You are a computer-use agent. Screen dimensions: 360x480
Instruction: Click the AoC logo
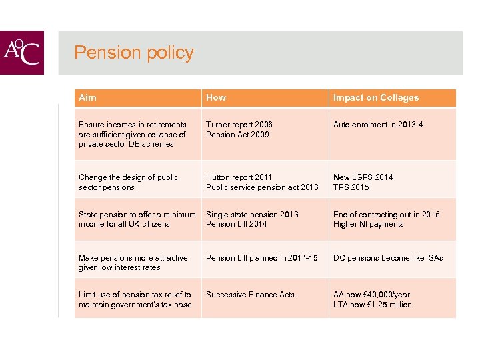[22, 53]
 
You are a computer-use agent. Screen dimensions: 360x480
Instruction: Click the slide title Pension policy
[134, 53]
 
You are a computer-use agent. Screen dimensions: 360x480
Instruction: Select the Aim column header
[87, 98]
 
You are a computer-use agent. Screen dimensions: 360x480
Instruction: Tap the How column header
[216, 98]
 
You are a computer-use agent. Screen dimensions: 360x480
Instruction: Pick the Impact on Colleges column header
[376, 98]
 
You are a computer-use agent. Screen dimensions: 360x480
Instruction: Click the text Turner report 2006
[239, 125]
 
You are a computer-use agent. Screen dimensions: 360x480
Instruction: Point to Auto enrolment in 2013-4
[378, 125]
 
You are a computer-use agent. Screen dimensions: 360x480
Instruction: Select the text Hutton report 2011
[239, 177]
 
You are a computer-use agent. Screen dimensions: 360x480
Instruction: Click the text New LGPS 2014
[363, 177]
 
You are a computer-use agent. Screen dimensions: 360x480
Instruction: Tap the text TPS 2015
[351, 187]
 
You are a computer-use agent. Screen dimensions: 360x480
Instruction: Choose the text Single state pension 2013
[252, 215]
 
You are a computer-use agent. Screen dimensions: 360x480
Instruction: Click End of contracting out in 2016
[387, 215]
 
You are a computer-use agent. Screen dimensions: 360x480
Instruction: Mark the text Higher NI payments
[369, 224]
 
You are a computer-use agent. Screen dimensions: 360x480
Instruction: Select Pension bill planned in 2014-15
[262, 258]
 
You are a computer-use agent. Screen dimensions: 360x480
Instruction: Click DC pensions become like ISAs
[388, 258]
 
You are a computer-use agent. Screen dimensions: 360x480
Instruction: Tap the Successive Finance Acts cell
[250, 295]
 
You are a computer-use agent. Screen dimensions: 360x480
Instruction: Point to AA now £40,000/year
[372, 295]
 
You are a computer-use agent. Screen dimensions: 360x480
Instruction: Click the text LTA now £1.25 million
[373, 305]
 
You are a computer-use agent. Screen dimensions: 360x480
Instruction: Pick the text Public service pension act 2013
[262, 187]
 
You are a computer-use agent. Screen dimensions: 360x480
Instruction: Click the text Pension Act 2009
[237, 134]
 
